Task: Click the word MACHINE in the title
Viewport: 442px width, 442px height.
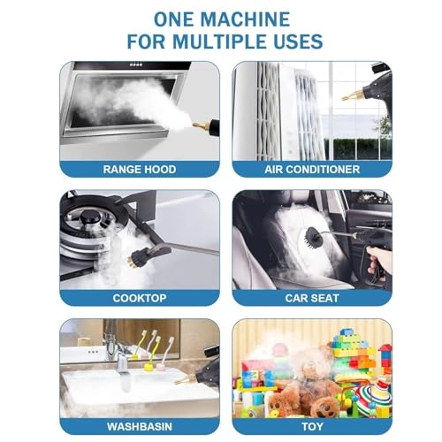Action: pyautogui.click(x=248, y=19)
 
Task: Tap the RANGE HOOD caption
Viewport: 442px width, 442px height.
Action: pyautogui.click(x=140, y=169)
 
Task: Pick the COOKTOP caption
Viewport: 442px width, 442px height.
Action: pyautogui.click(x=140, y=298)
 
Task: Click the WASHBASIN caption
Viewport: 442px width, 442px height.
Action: pyautogui.click(x=140, y=427)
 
